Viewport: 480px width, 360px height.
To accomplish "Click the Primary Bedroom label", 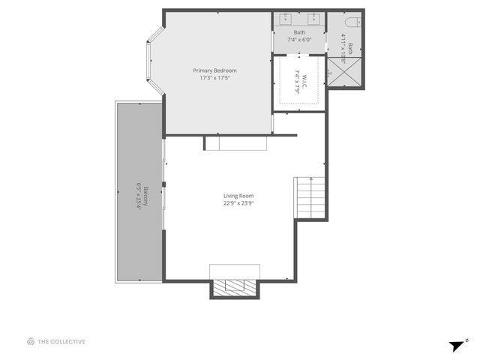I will point(218,70).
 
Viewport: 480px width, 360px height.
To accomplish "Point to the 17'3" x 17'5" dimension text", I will point(218,78).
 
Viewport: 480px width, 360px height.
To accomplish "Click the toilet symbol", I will point(353,20).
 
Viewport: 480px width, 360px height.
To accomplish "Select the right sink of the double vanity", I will point(313,19).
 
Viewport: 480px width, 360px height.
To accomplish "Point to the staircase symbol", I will point(310,196).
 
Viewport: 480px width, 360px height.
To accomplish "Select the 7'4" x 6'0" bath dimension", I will point(299,40).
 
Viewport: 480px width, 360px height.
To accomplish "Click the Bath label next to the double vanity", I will point(299,32).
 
